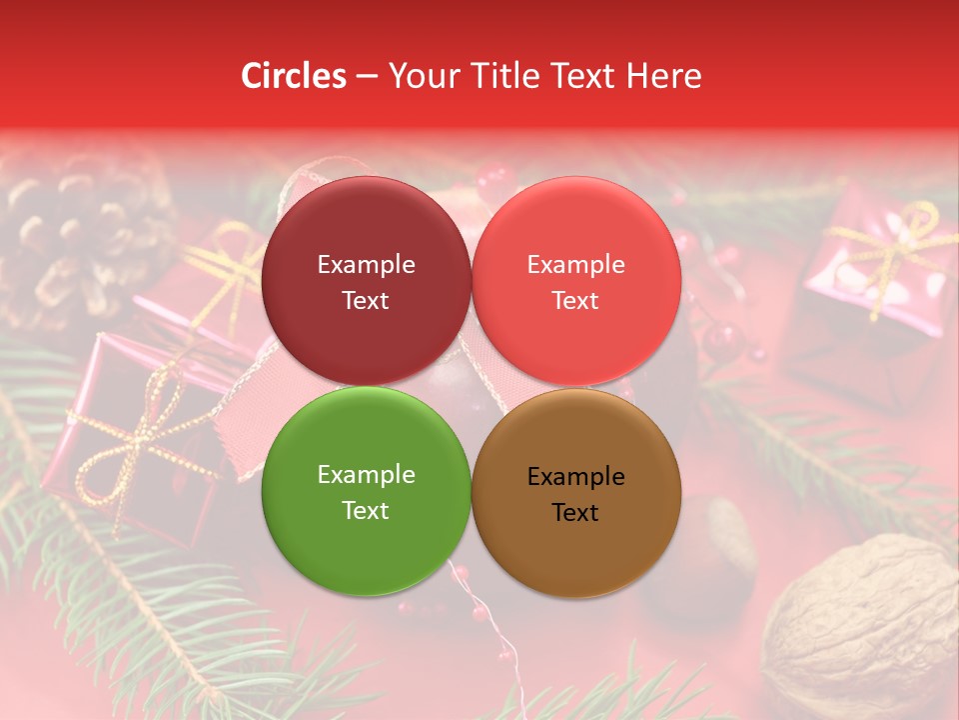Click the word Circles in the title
(x=293, y=76)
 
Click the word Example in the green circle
(x=366, y=475)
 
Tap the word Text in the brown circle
(x=575, y=513)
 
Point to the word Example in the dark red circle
(x=366, y=265)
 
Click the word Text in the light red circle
(x=575, y=301)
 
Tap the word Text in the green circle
(x=366, y=511)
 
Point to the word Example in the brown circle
(x=575, y=477)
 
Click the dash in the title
(x=367, y=77)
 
